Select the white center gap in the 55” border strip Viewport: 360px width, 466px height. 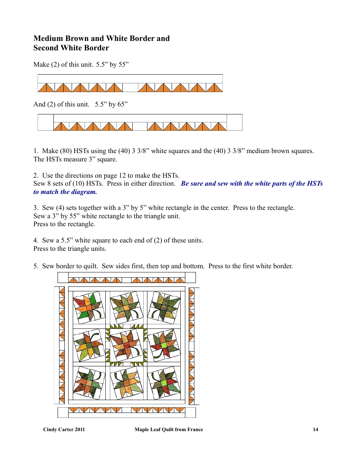(x=130, y=88)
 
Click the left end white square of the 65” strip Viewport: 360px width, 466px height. (x=45, y=122)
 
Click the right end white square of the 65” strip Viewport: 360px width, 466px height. (x=234, y=122)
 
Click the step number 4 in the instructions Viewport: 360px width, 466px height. (x=35, y=240)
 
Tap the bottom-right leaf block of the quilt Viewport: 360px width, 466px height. (x=164, y=382)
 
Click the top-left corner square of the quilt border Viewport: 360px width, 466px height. (x=63, y=277)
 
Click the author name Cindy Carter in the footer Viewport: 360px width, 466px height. (x=59, y=429)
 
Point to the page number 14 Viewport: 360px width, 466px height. (x=315, y=429)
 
